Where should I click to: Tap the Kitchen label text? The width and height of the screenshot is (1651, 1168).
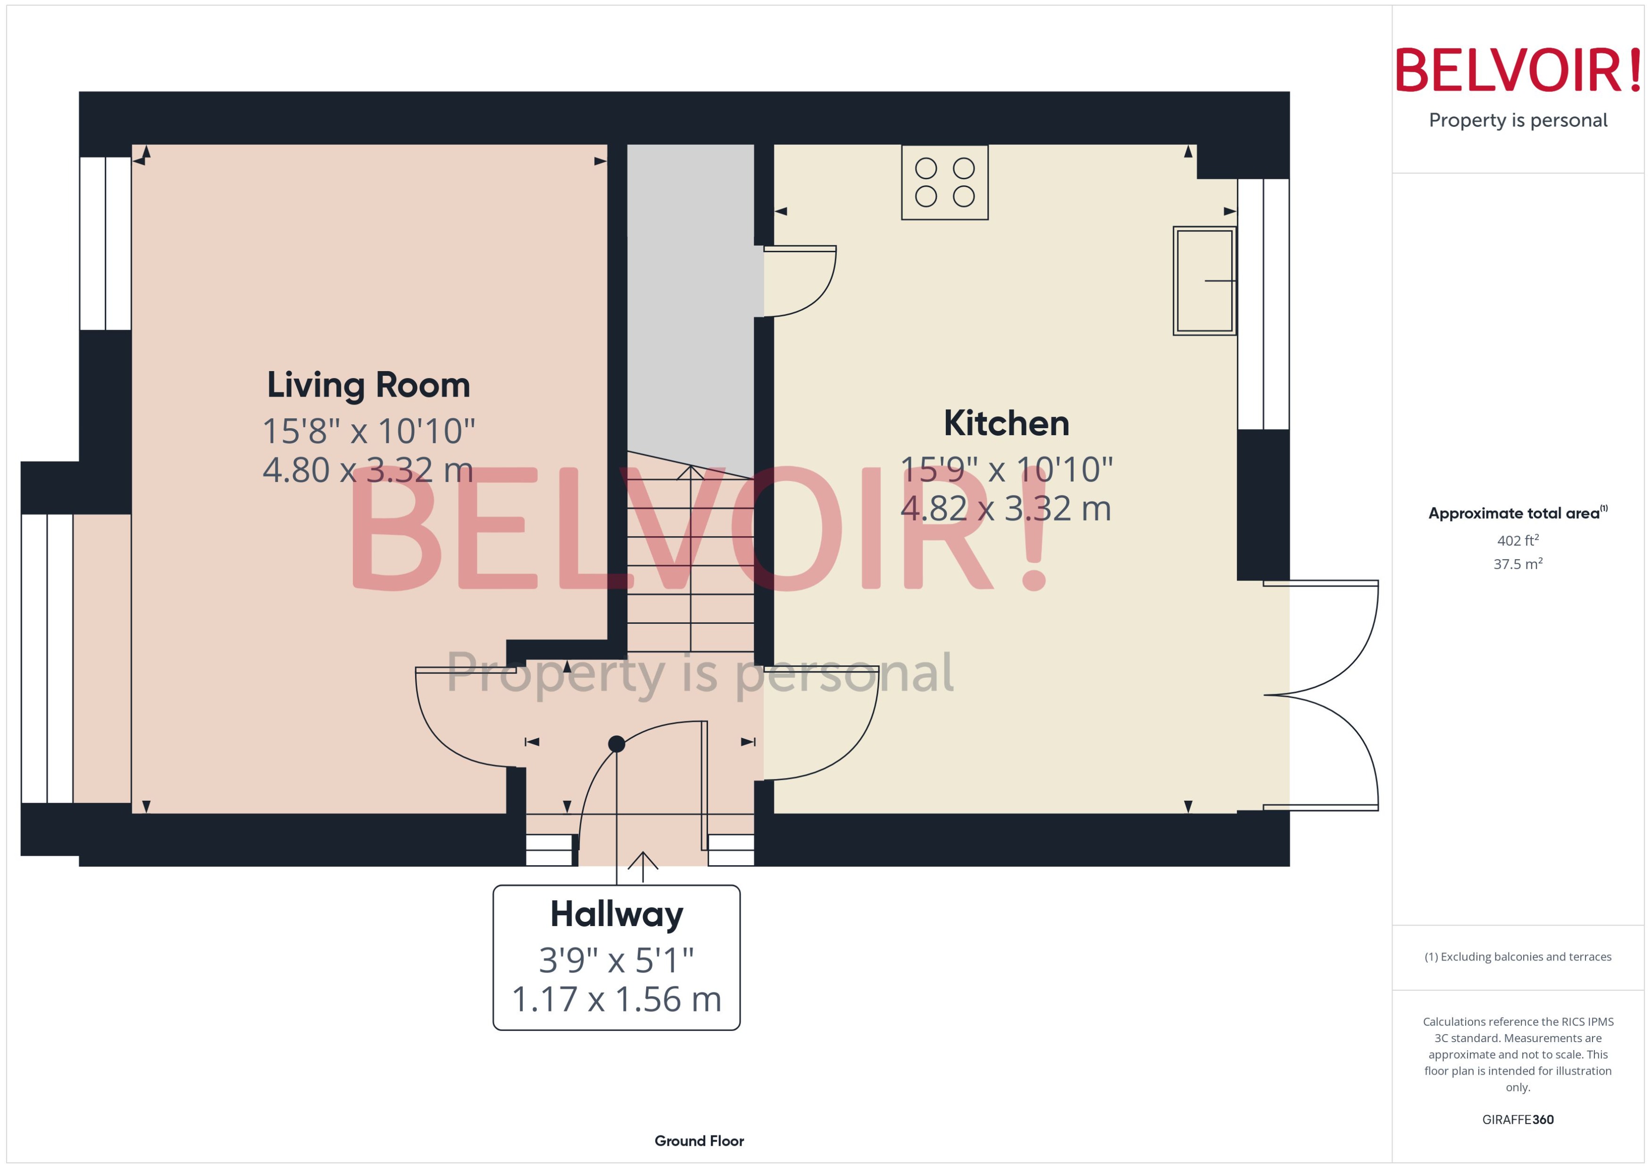tap(1006, 423)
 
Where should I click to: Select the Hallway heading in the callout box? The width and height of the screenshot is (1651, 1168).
tap(617, 914)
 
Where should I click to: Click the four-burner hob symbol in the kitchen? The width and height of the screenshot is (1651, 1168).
tap(944, 182)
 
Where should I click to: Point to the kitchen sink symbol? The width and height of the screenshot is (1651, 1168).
tap(1204, 281)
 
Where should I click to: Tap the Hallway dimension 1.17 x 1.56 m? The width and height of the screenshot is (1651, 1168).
tap(617, 999)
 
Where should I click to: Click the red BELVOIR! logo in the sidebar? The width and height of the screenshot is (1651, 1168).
tap(1518, 70)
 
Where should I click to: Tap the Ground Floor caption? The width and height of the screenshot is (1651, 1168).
tap(699, 1141)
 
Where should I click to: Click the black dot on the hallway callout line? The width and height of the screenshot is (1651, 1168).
tap(617, 744)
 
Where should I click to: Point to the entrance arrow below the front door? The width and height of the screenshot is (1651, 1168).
tap(642, 865)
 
